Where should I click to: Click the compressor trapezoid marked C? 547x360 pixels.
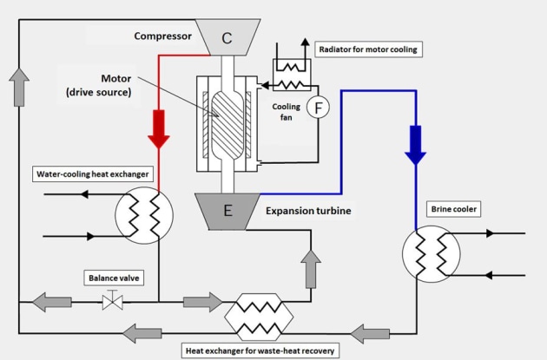(227, 37)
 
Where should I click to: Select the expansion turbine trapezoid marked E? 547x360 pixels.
(227, 212)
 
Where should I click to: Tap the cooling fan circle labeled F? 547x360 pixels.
(318, 108)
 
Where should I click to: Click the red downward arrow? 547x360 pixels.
(159, 129)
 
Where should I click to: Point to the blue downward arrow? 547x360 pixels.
(415, 145)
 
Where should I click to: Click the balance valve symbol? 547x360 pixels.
(112, 302)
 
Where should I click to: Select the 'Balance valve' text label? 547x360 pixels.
(114, 278)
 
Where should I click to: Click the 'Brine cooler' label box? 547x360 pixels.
(453, 209)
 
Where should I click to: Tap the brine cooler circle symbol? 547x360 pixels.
(432, 254)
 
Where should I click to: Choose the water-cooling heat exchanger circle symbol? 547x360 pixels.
(144, 215)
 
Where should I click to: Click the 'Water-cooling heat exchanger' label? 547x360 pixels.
(92, 173)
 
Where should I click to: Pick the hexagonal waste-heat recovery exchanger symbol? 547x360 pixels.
(259, 317)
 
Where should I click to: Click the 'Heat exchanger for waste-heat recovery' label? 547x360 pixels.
(260, 350)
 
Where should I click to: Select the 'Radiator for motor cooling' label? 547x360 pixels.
(368, 49)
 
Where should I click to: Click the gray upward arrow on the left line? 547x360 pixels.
(19, 87)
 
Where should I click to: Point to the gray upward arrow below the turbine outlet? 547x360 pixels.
(311, 269)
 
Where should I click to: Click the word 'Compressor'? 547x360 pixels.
(163, 36)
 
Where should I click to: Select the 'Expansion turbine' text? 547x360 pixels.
(308, 211)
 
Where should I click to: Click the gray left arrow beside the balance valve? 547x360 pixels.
(52, 302)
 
